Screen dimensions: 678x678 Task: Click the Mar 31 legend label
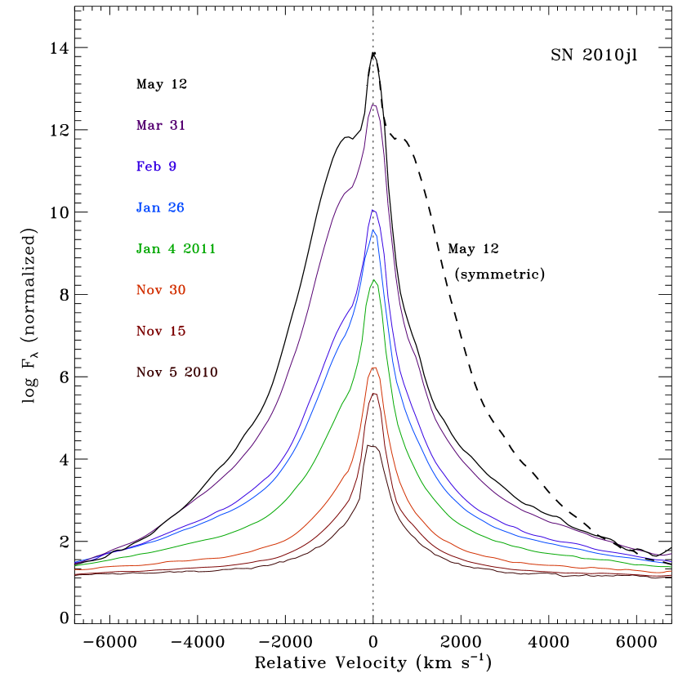click(x=161, y=126)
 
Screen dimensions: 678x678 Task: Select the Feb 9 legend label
click(x=156, y=167)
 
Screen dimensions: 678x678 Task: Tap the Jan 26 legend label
click(x=160, y=207)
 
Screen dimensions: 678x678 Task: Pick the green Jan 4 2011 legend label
click(x=176, y=248)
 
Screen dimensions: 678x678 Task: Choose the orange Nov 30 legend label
click(x=161, y=290)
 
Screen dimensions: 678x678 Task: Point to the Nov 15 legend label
click(x=161, y=331)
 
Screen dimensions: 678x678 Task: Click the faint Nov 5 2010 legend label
click(x=176, y=372)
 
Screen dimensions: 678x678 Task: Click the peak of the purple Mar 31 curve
click(x=373, y=105)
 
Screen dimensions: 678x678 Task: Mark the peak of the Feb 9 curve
click(x=372, y=210)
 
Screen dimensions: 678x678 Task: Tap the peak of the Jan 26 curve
click(x=373, y=230)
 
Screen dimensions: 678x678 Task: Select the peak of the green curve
click(x=374, y=280)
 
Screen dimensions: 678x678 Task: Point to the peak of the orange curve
click(x=374, y=368)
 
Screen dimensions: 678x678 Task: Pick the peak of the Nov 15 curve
click(x=374, y=394)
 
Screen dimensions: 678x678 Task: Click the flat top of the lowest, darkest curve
click(x=369, y=446)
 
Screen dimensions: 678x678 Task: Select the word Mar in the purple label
click(x=149, y=126)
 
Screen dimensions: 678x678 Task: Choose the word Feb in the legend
click(x=148, y=167)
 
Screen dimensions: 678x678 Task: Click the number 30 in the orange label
click(x=177, y=290)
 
